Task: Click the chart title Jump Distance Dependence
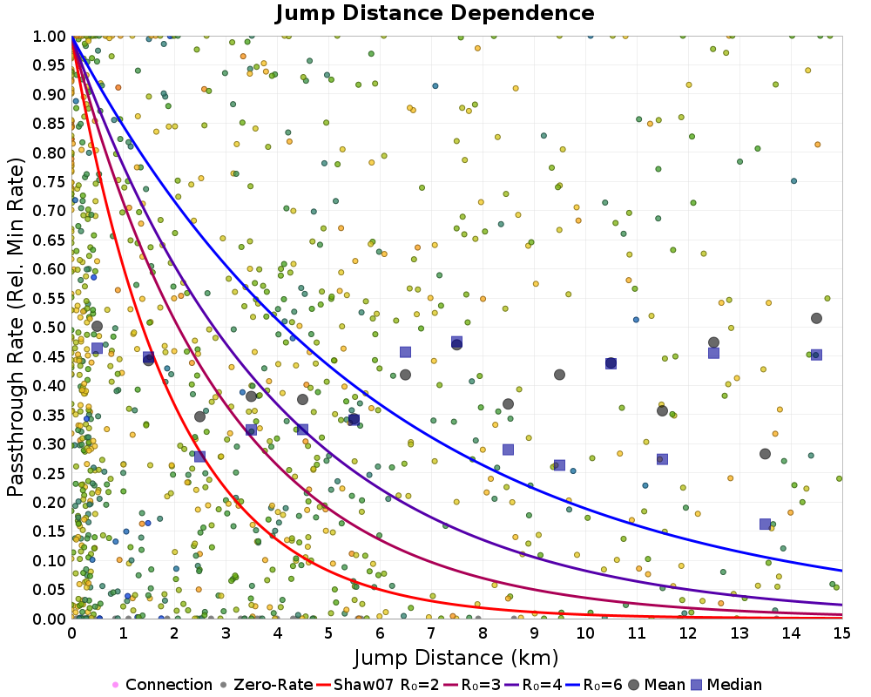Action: tap(435, 13)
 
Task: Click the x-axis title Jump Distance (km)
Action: tap(456, 656)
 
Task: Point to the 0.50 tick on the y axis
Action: tap(51, 327)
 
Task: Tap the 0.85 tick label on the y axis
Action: tap(51, 123)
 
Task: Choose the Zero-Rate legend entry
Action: tap(270, 685)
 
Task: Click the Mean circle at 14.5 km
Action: tap(816, 318)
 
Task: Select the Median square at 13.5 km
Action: tap(765, 524)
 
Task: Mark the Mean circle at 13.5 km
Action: tap(765, 454)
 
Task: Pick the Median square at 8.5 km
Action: tap(508, 450)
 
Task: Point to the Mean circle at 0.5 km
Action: tap(97, 327)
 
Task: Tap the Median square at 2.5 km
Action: tap(199, 457)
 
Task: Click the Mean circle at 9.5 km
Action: tap(559, 375)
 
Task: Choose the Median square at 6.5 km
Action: tap(405, 352)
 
